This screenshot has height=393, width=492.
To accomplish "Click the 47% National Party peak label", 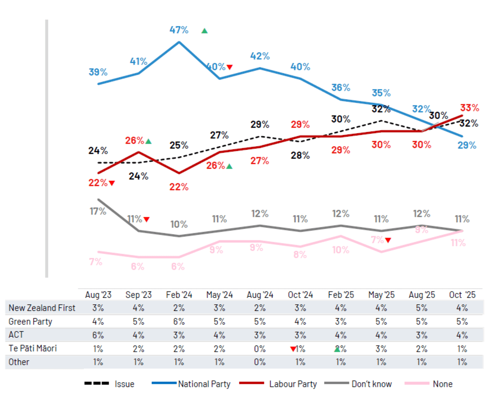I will click(179, 30).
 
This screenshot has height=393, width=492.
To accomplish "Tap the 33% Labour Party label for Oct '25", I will click(469, 108).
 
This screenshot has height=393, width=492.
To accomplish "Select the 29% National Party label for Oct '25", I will click(467, 145).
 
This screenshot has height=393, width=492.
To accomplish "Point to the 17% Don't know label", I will click(97, 211).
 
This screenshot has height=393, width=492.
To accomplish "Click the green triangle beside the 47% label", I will click(204, 31).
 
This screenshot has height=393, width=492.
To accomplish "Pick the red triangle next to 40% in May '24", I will click(230, 67).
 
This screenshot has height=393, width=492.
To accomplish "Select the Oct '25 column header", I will click(462, 295).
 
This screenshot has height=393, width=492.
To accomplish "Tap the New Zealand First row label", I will click(42, 308).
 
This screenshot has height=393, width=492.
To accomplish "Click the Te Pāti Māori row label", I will click(33, 349).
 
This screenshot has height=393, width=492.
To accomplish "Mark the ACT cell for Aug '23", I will click(97, 335).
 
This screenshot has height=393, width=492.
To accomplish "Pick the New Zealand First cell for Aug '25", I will click(421, 308).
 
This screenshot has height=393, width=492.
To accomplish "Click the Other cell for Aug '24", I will click(260, 362).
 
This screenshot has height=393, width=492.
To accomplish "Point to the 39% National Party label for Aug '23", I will click(98, 72).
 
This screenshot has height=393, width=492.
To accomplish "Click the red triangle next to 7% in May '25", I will click(388, 241).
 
